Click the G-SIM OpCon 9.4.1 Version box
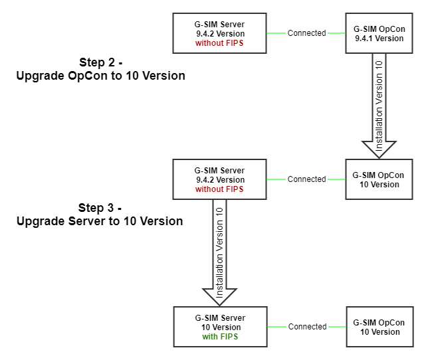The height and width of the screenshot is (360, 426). (x=379, y=33)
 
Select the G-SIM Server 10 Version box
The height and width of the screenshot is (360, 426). (x=220, y=327)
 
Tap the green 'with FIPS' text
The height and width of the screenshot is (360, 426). (x=220, y=337)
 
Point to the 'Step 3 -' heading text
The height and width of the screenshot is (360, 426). (x=100, y=207)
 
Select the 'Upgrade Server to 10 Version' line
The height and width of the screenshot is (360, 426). (x=100, y=221)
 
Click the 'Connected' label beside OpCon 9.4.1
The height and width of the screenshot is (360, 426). (x=306, y=33)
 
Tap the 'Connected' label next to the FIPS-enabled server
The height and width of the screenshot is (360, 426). (x=307, y=327)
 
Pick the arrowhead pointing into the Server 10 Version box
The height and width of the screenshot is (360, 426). (x=219, y=294)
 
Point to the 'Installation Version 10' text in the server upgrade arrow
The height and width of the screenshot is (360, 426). (x=219, y=246)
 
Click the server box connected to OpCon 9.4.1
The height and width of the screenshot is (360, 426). (x=219, y=33)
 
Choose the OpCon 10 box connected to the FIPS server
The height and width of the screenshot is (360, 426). (x=379, y=327)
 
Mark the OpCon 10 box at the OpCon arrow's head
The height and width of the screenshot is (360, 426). (x=379, y=179)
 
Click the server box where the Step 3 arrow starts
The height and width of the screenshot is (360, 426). (x=219, y=179)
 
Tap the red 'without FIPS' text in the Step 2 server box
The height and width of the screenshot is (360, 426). (x=219, y=43)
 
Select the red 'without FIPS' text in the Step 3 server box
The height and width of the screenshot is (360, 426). (x=219, y=189)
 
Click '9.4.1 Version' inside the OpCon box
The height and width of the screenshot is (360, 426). (x=379, y=39)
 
